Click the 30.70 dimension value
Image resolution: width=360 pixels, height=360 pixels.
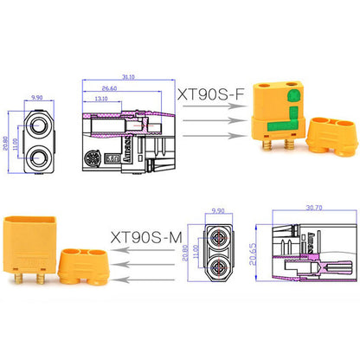(309, 210)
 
